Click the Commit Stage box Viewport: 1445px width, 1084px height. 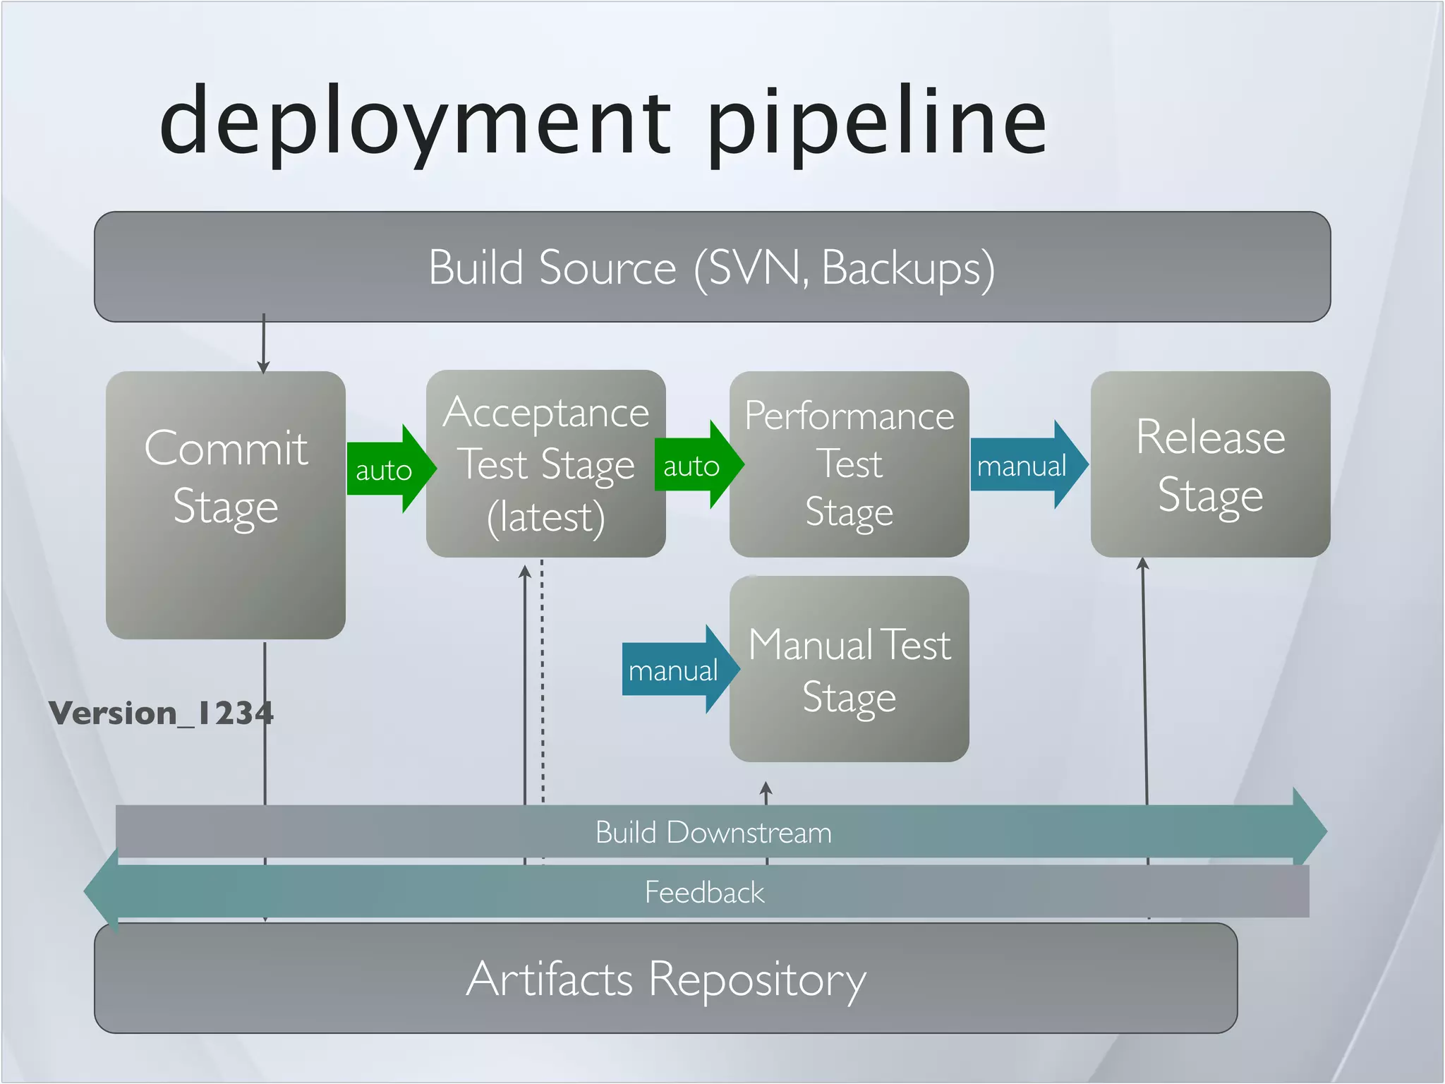[x=226, y=505]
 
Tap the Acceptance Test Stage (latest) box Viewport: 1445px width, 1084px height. [x=545, y=464]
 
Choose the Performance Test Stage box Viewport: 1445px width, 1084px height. [x=849, y=464]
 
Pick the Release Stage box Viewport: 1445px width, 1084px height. [x=1210, y=464]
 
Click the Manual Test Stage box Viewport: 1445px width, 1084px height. [x=849, y=668]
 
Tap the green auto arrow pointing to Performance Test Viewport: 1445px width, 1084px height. [x=694, y=465]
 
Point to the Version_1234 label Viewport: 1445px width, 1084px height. [x=161, y=713]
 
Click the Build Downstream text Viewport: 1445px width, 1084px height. [x=713, y=832]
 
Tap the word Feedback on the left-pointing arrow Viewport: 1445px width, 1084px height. [x=704, y=892]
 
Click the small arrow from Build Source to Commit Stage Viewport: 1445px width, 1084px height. [x=263, y=346]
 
